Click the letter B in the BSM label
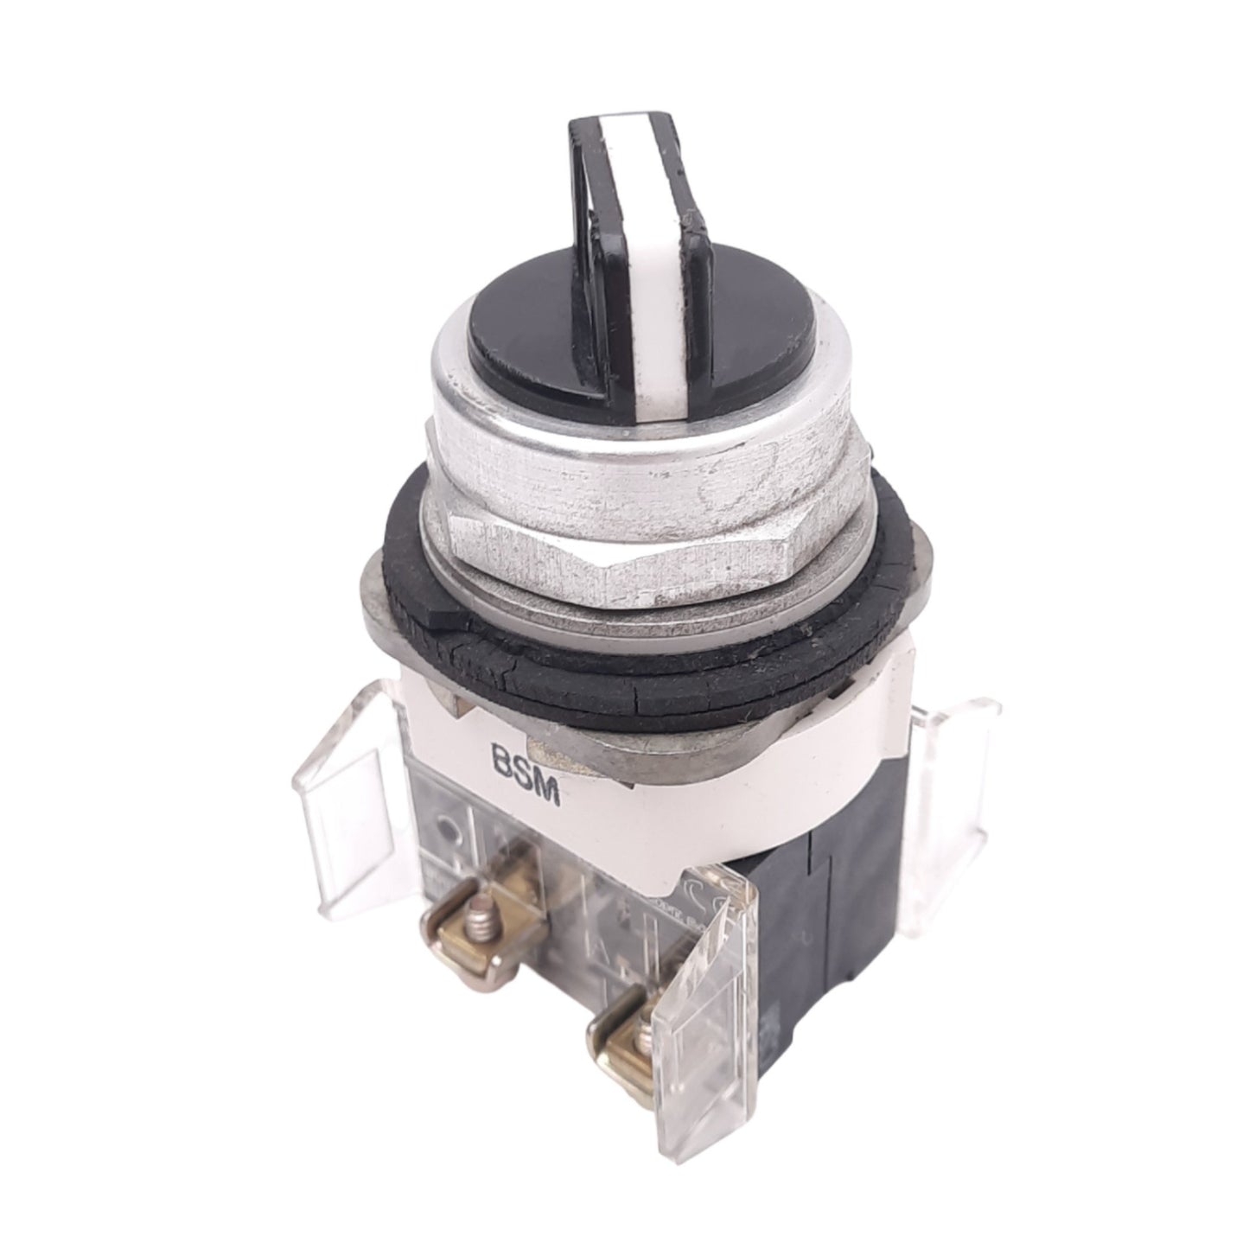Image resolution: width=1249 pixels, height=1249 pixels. pyautogui.click(x=500, y=764)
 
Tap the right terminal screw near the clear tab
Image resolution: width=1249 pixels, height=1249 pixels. pyautogui.click(x=628, y=1025)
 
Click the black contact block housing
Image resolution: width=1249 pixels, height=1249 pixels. pyautogui.click(x=830, y=882)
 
